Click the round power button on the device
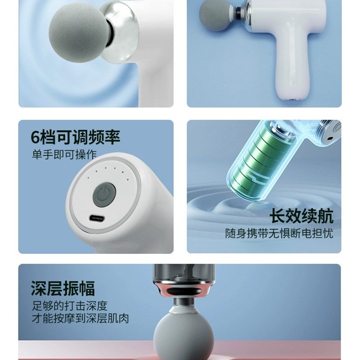tap(104, 194)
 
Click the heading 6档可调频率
tap(76, 137)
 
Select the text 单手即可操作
tap(64, 154)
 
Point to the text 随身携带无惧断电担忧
tap(279, 234)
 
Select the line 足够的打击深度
tap(69, 306)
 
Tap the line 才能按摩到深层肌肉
tap(80, 319)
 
